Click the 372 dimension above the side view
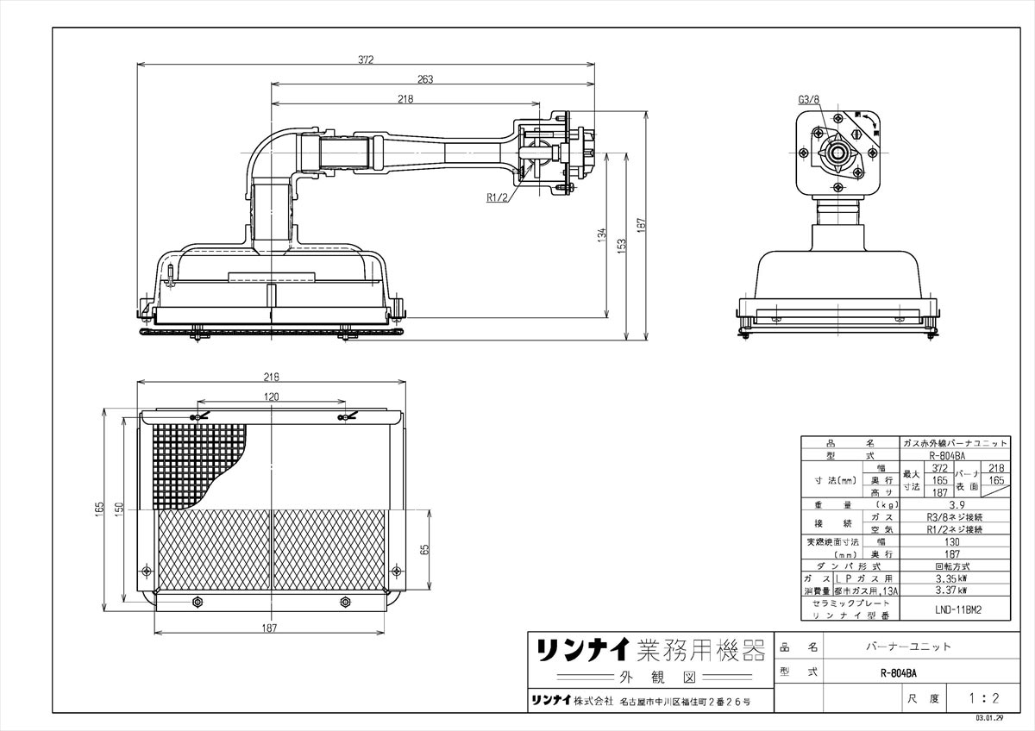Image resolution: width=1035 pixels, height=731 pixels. point(367,59)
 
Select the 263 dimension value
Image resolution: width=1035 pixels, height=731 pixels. point(424,79)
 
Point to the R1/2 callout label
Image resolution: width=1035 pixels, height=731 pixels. point(498,197)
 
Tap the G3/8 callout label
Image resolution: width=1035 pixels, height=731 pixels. point(808,100)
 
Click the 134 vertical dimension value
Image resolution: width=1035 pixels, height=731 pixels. point(602,234)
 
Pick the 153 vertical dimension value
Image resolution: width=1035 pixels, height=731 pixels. point(621,246)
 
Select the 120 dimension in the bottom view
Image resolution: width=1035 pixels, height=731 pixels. point(272,397)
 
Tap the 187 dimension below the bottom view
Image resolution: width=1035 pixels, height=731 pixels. point(271,628)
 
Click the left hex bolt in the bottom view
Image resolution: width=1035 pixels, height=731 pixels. point(198,602)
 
